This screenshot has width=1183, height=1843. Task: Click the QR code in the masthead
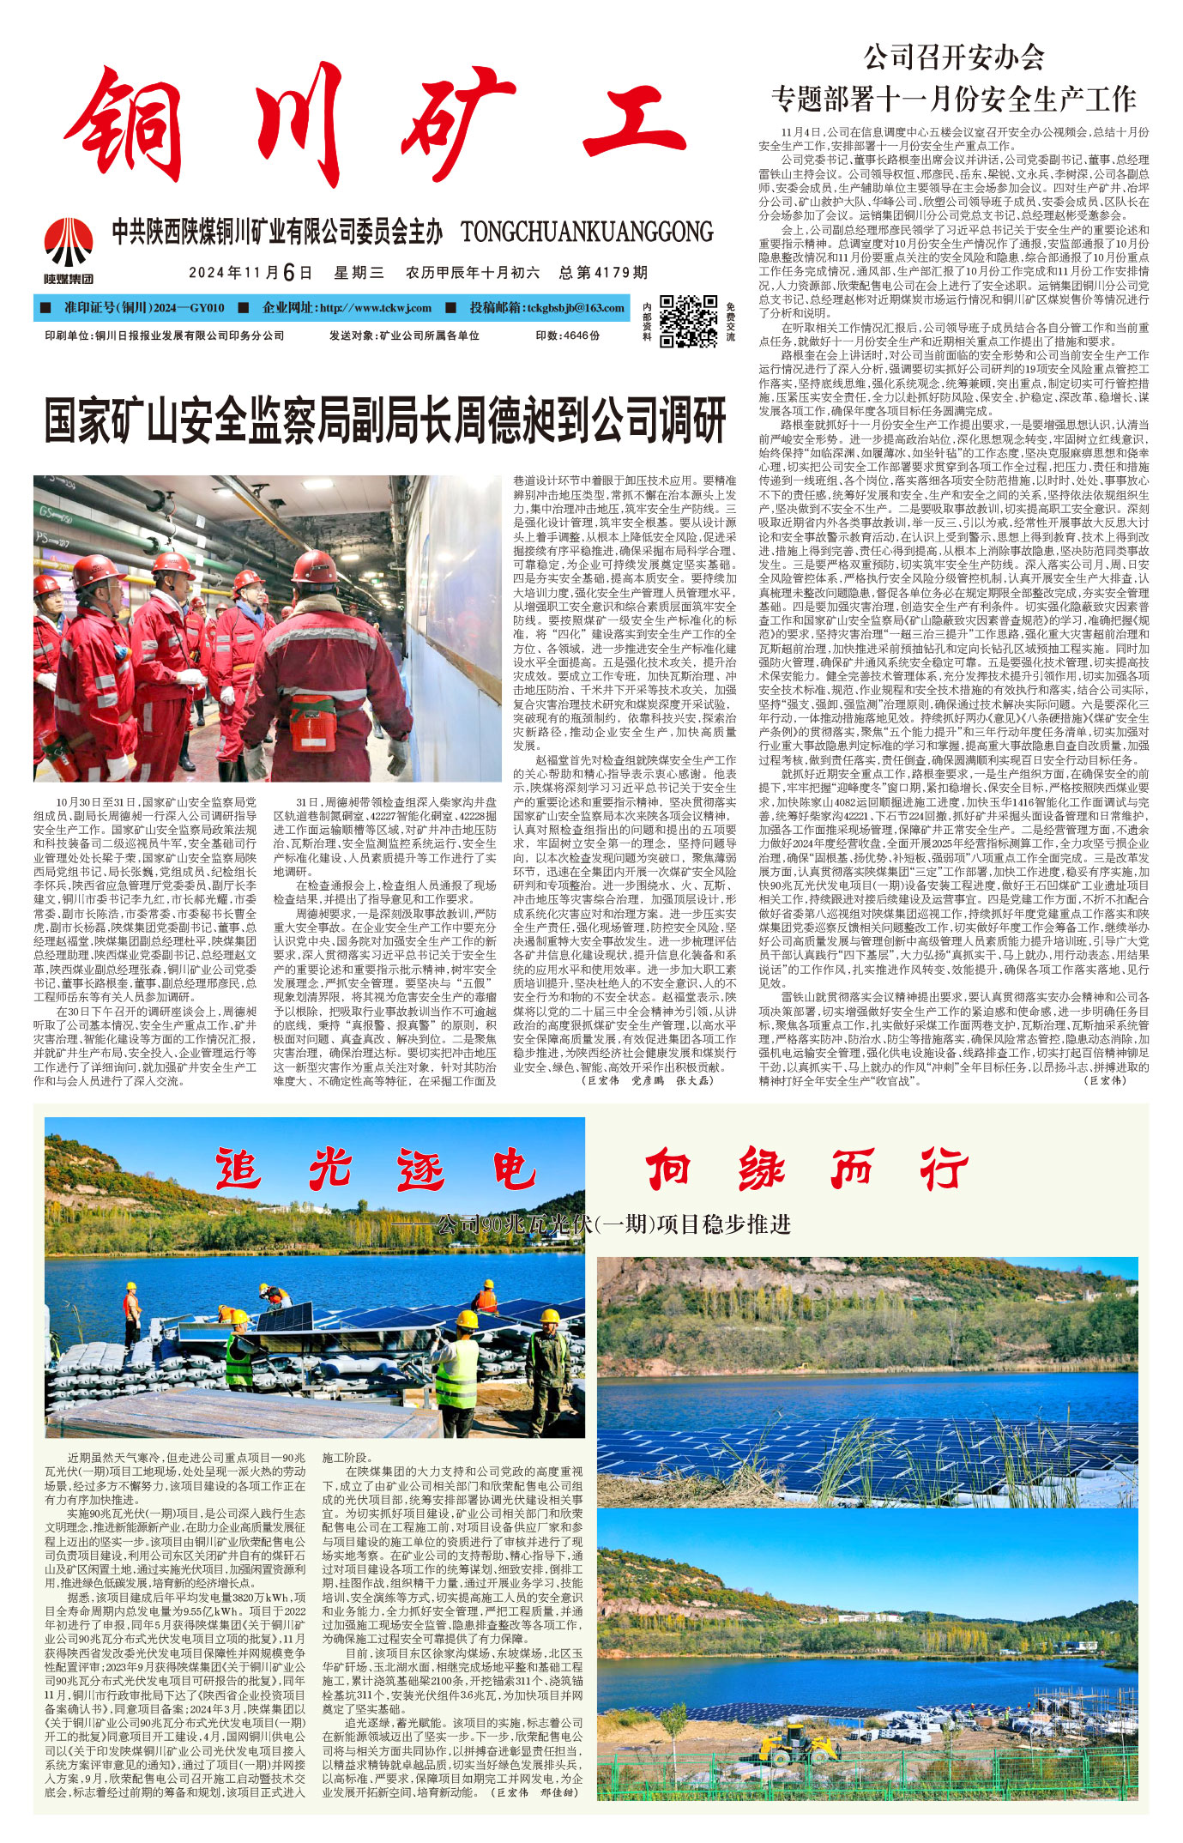click(x=689, y=321)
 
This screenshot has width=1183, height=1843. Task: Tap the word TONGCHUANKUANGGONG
click(x=587, y=232)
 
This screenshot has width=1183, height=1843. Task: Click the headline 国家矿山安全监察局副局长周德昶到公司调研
click(x=385, y=419)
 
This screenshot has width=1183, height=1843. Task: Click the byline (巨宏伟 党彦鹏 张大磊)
click(x=647, y=1080)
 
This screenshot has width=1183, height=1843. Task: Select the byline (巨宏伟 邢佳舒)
click(x=533, y=1792)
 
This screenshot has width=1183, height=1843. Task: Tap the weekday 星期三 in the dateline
click(x=359, y=273)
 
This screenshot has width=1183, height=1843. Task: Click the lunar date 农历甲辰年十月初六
click(x=473, y=273)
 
